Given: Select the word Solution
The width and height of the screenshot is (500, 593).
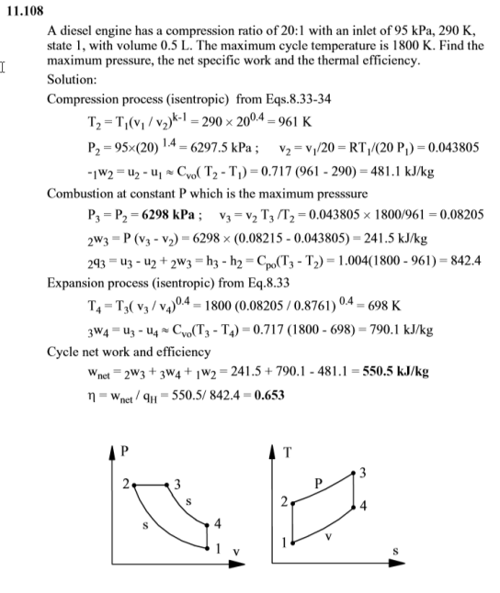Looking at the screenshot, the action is pyautogui.click(x=72, y=81).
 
